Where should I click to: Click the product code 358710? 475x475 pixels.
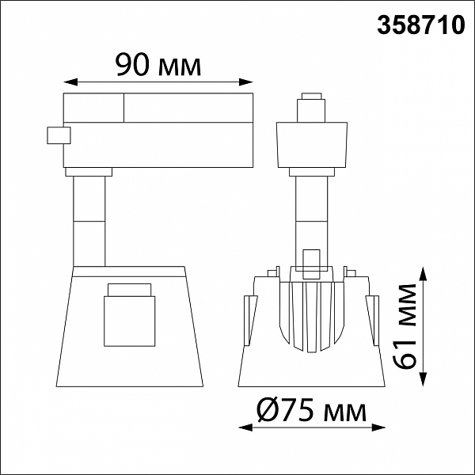(x=421, y=25)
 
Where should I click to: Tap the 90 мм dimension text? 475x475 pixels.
(x=158, y=65)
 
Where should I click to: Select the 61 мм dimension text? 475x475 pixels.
(x=405, y=326)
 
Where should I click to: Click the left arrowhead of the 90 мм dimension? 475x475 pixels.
(x=70, y=82)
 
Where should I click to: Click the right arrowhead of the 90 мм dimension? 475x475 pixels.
(x=246, y=82)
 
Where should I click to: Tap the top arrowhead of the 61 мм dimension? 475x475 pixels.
(x=424, y=274)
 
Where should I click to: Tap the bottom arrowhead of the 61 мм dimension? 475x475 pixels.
(x=424, y=379)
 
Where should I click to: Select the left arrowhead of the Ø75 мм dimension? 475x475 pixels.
(x=245, y=427)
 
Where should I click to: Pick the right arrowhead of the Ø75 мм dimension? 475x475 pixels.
(x=378, y=427)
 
